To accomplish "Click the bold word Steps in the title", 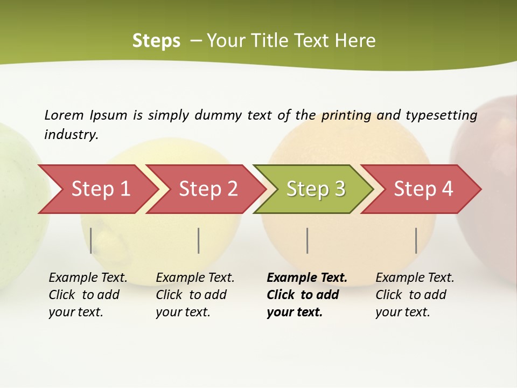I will click(x=156, y=41).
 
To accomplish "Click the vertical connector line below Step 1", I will click(x=91, y=240).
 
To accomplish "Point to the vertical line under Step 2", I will click(x=199, y=240).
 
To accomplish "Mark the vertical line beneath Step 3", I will click(x=307, y=240).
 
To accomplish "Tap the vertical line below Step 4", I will click(x=416, y=240).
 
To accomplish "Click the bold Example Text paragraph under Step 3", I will click(x=307, y=295).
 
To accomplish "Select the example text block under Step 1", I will click(x=88, y=295).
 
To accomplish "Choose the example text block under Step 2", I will click(x=195, y=295).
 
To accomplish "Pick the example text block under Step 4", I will click(x=415, y=295).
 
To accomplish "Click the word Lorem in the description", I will click(x=64, y=115).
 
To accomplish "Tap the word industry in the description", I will click(x=71, y=135).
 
